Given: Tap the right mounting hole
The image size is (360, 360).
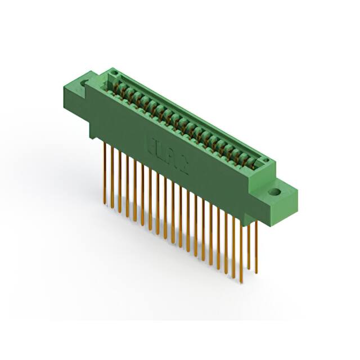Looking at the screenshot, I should coord(275,192).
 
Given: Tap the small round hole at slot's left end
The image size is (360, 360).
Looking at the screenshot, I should coord(115,74).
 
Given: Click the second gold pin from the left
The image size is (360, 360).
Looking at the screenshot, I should coord(112,177).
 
